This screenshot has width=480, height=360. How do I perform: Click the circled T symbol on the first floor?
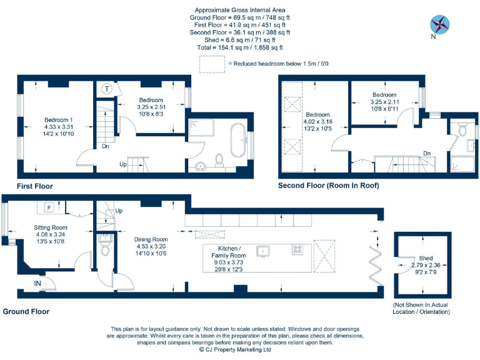(x=107, y=89)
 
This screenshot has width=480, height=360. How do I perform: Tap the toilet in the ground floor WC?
(x=105, y=251)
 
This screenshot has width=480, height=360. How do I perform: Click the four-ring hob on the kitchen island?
(x=297, y=249)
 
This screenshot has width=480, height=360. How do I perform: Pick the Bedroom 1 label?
(x=58, y=120)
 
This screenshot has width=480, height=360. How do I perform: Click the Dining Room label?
(x=151, y=239)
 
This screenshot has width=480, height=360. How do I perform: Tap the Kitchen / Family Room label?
(x=232, y=252)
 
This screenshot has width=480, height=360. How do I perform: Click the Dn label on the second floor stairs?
(x=426, y=153)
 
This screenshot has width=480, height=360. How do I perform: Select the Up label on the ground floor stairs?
(x=119, y=211)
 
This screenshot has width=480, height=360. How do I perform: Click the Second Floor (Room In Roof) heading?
(x=328, y=186)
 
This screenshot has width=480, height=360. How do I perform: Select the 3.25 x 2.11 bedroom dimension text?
(x=384, y=102)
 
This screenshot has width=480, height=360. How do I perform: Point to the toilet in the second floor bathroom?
(x=462, y=130)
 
